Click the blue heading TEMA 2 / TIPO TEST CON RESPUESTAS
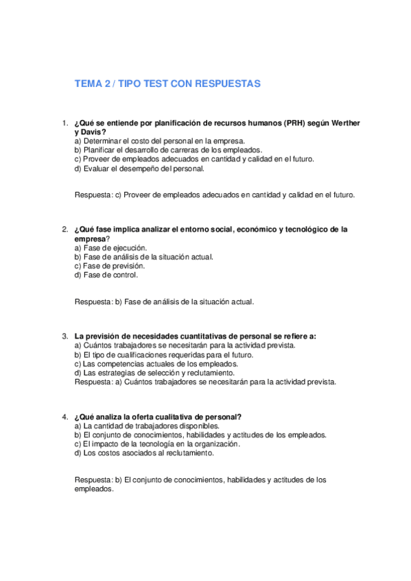click(167, 84)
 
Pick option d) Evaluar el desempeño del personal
click(148, 168)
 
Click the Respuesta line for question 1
click(215, 195)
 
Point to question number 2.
click(64, 230)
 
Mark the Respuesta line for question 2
click(164, 301)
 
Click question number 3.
click(64, 336)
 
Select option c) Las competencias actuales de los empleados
click(156, 364)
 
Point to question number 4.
click(64, 417)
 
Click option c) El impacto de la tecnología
click(157, 444)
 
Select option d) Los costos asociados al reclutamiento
click(144, 453)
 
